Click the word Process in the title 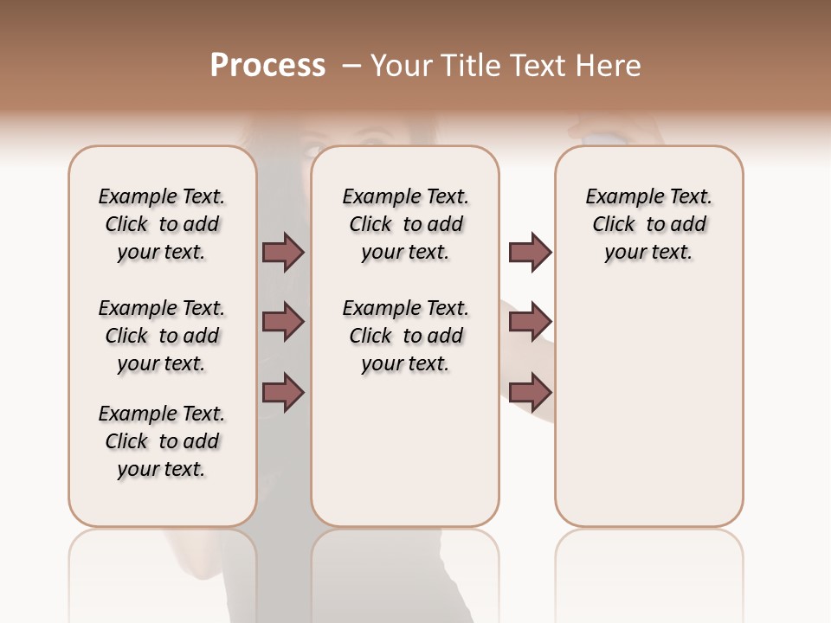[267, 66]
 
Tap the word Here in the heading [609, 66]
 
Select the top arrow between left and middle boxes [283, 252]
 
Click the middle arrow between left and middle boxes [283, 322]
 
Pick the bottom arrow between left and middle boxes [283, 392]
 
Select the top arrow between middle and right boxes [530, 252]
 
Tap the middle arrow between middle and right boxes [530, 322]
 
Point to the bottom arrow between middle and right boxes [530, 392]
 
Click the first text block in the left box [162, 224]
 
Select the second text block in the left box [162, 336]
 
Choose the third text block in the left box [162, 441]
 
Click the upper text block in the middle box [405, 224]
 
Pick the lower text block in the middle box [405, 336]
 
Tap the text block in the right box [648, 224]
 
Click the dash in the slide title [351, 66]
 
